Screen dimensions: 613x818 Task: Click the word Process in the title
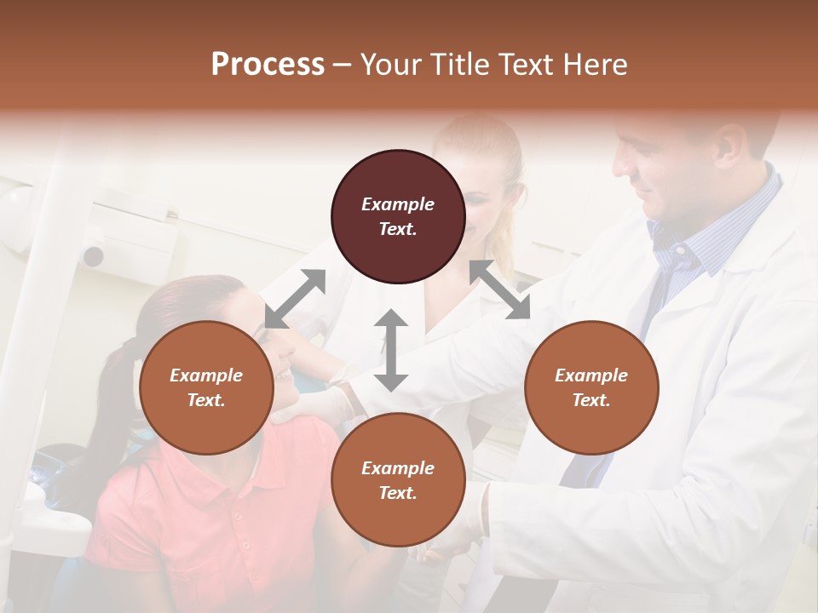coord(268,65)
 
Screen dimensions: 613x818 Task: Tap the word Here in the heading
coord(594,65)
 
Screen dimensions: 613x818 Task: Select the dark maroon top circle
coord(398,217)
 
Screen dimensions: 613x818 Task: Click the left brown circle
coord(206,387)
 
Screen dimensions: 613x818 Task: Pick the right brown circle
coord(590,387)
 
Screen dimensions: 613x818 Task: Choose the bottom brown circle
coord(398,480)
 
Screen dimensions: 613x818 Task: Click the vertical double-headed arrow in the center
coord(390,350)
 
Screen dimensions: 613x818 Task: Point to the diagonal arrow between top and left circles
coord(296,298)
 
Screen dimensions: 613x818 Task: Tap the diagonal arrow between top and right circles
coord(499,289)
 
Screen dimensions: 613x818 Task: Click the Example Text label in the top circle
coord(398,216)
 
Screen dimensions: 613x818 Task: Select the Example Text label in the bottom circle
coord(398,480)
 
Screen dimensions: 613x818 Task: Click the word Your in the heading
coord(393,65)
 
